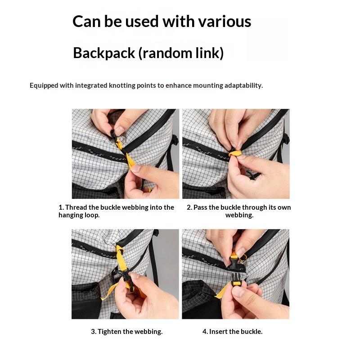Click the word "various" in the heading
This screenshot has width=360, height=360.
[x=224, y=21]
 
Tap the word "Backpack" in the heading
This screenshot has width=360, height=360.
[x=104, y=53]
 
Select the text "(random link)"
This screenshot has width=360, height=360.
[x=181, y=53]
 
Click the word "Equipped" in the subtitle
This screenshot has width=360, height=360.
[x=44, y=85]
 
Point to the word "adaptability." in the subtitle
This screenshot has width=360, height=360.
[x=243, y=85]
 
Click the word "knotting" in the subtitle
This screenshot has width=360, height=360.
[x=122, y=85]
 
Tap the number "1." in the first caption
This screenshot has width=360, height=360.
[x=61, y=207]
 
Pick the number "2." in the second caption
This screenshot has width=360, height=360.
[x=189, y=207]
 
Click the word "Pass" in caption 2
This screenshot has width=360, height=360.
[x=200, y=207]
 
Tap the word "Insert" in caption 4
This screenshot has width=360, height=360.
[x=218, y=332]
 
